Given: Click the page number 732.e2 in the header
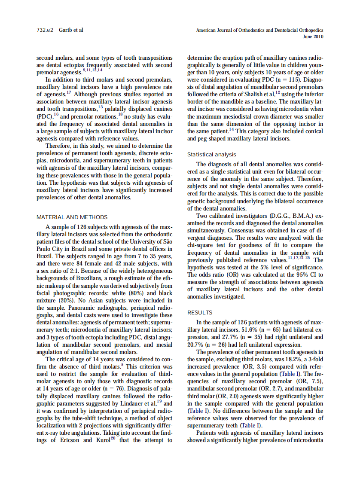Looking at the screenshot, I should pyautogui.click(x=44, y=30).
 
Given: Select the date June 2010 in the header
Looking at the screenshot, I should pyautogui.click(x=313, y=37).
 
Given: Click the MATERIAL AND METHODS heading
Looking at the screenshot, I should pyautogui.click(x=72, y=217).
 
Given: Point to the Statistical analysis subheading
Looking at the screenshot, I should pyautogui.click(x=212, y=154).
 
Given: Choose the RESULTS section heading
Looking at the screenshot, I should pyautogui.click(x=200, y=312).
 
